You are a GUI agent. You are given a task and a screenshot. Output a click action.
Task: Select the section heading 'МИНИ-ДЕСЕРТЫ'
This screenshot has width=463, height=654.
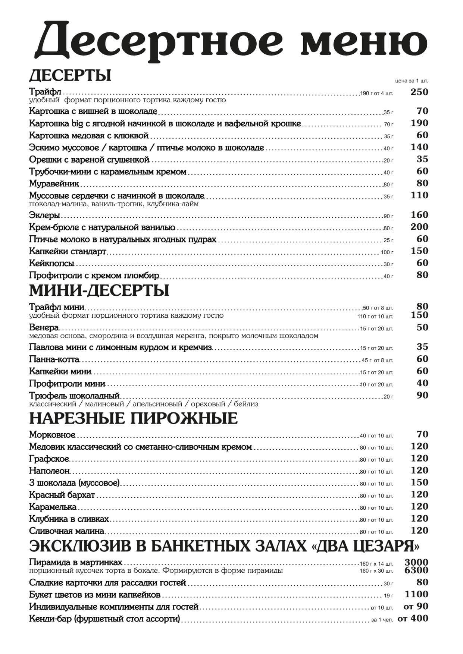(99, 291)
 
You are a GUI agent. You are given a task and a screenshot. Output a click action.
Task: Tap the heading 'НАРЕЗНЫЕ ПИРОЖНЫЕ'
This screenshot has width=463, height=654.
(133, 418)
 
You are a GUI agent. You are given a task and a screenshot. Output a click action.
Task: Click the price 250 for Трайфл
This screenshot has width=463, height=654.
(419, 92)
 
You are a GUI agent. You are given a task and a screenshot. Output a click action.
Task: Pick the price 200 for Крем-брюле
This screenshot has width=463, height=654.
(419, 227)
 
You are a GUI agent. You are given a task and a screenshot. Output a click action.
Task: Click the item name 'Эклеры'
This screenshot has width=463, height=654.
(44, 215)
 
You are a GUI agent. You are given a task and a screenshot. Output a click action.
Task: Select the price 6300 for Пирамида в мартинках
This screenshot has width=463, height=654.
(416, 570)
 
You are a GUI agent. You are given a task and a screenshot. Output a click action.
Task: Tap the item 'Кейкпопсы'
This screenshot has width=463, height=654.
(51, 263)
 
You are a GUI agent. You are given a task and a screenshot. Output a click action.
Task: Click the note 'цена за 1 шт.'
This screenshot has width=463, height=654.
(412, 81)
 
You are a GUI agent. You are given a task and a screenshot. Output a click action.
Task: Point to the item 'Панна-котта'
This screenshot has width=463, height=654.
(54, 359)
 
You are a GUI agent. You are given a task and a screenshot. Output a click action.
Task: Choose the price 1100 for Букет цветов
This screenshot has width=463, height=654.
(416, 594)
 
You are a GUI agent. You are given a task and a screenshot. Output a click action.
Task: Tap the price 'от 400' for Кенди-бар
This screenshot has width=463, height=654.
(413, 619)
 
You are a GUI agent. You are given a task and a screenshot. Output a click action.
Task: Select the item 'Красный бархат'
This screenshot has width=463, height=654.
(62, 495)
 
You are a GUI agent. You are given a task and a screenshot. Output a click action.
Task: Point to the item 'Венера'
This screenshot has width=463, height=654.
(44, 328)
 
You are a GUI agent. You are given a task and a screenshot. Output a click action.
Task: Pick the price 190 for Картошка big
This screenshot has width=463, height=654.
(419, 123)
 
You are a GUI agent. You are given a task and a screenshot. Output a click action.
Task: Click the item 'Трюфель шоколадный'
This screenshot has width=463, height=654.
(74, 396)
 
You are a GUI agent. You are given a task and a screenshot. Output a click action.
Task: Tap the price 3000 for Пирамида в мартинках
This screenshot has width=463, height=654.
(416, 563)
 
